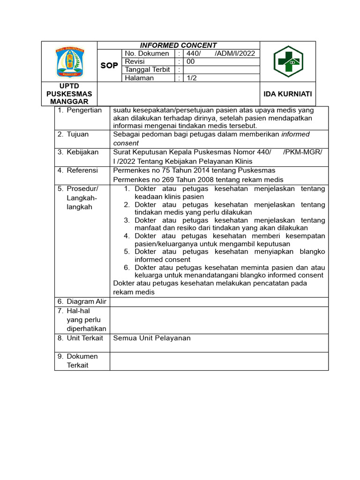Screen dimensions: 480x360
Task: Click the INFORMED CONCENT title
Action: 178,45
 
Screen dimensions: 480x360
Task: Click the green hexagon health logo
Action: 288,61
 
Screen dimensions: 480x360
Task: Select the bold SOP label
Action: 109,66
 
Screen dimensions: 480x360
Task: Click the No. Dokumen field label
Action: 147,53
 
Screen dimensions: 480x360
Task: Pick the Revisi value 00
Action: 191,61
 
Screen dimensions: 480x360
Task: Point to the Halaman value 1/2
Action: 192,78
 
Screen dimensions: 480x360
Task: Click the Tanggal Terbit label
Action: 147,70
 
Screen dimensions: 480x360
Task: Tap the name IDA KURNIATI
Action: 287,94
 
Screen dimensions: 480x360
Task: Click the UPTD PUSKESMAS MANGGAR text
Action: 69,94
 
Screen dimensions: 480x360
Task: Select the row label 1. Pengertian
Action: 80,110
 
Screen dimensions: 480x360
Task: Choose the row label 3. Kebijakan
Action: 78,152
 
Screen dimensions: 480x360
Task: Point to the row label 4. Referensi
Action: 78,170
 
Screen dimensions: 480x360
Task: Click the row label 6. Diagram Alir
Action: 82,301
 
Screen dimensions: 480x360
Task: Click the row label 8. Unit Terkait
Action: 80,338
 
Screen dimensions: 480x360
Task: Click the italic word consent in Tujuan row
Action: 126,143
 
